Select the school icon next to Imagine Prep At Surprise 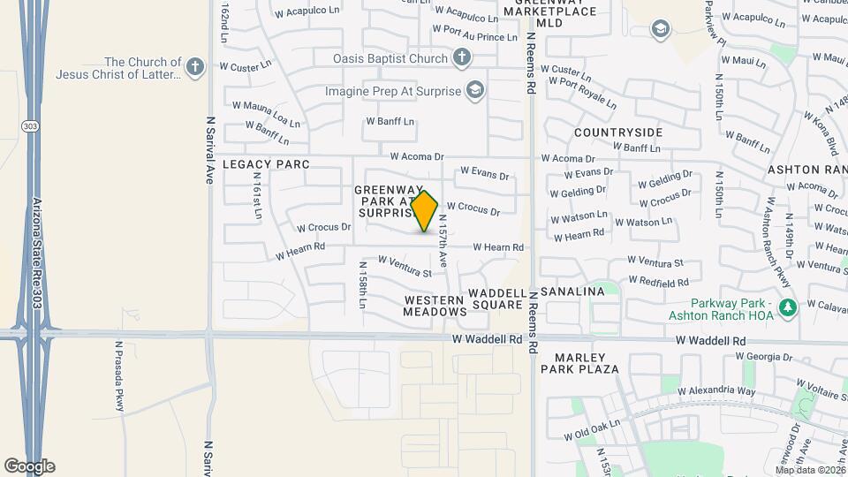[x=475, y=91]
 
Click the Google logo [x=29, y=466]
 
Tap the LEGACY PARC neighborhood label [x=266, y=164]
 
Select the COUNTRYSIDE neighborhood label [x=617, y=132]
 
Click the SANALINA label [x=572, y=291]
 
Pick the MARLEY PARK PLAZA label [x=587, y=368]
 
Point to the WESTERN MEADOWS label [x=435, y=306]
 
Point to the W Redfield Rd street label [x=658, y=282]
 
